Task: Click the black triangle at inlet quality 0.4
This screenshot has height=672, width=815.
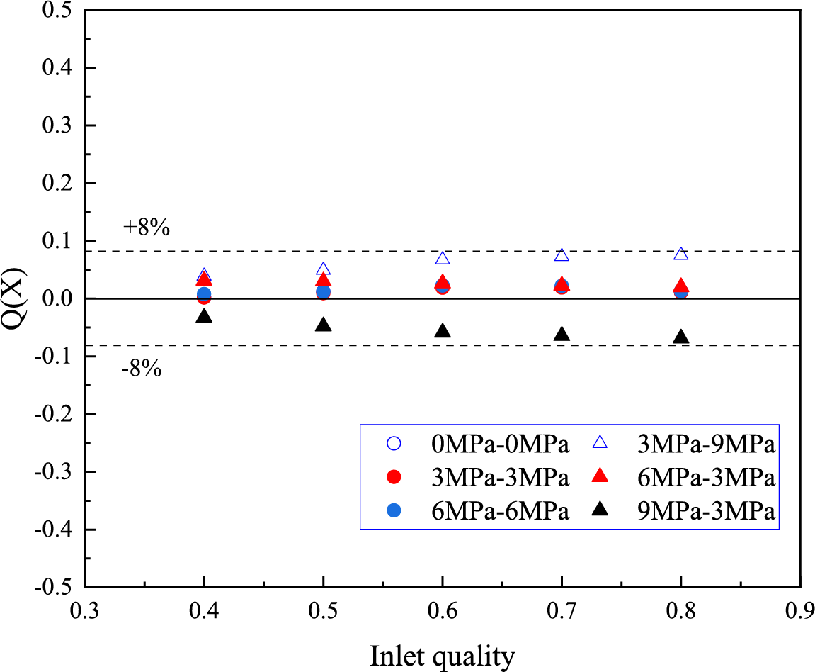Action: point(204,316)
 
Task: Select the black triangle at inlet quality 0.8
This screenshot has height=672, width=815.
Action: point(680,337)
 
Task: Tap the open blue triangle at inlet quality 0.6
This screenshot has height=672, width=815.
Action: point(443,259)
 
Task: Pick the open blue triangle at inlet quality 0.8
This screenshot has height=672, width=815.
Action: point(680,254)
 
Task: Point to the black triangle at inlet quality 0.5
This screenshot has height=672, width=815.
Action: point(324,325)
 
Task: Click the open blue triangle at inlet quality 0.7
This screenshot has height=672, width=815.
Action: point(562,255)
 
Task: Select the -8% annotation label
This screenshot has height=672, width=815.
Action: point(142,369)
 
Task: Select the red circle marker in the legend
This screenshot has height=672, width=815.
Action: point(395,478)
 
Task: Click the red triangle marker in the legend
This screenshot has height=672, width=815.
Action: point(600,477)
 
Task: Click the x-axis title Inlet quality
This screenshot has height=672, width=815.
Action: point(442,656)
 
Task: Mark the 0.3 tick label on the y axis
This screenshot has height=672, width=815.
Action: point(58,125)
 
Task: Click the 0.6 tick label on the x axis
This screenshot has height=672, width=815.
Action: point(443,610)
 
